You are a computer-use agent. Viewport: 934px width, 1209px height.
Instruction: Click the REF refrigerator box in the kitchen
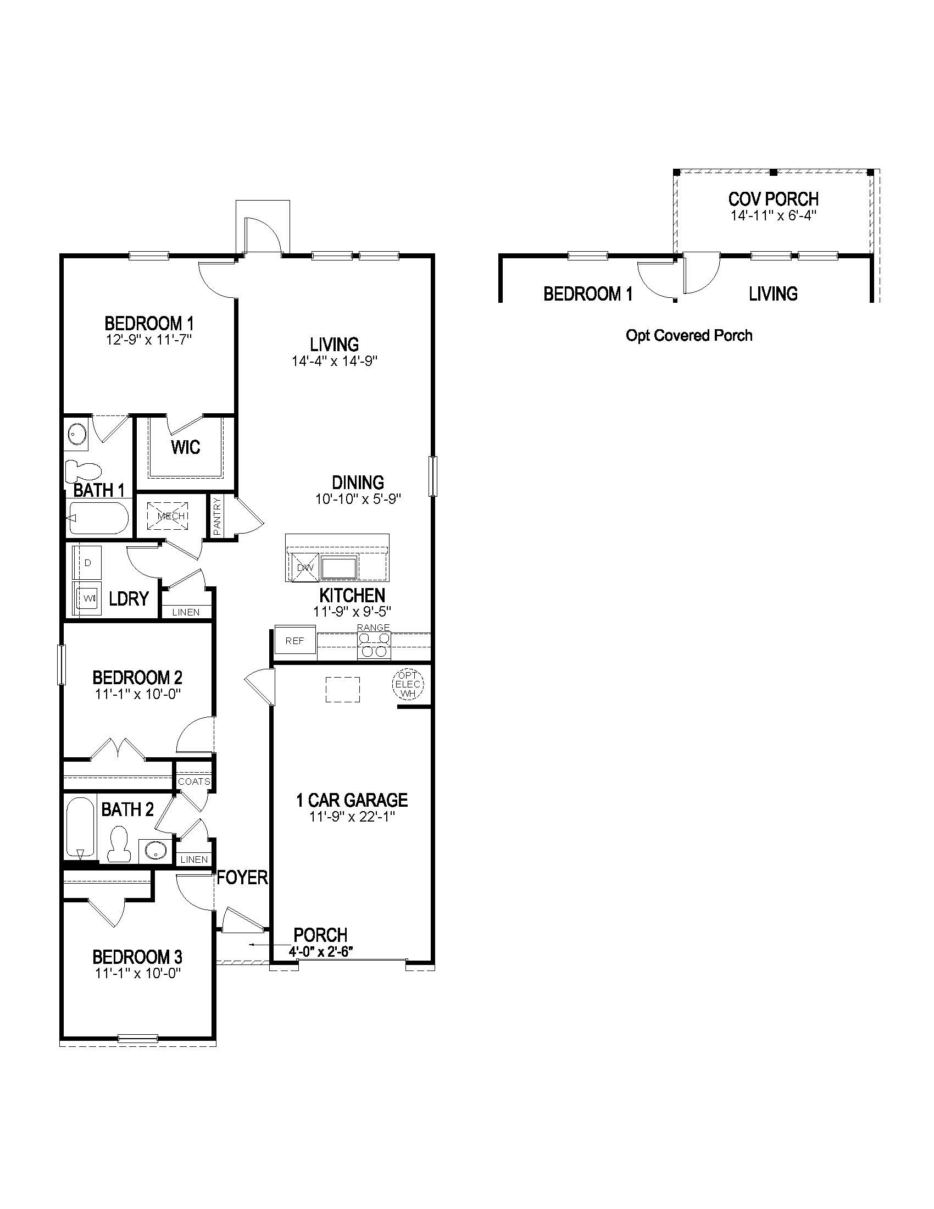point(295,641)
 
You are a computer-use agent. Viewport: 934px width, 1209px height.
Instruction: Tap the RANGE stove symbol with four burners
point(374,645)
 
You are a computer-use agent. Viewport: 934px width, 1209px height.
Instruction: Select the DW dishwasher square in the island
point(305,568)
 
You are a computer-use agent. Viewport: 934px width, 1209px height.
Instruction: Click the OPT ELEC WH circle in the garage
point(408,685)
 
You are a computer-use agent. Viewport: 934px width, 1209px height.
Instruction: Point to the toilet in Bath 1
point(84,470)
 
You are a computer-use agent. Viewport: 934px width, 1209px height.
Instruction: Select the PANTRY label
point(217,516)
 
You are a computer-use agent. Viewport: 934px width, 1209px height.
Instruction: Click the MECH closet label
point(170,516)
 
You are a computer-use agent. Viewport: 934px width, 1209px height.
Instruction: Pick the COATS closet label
point(194,781)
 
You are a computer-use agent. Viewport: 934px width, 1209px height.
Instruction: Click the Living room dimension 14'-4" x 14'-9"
point(334,362)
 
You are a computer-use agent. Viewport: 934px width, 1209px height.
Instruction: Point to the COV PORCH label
point(773,199)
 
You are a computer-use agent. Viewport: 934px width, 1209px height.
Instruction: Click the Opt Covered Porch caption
point(689,335)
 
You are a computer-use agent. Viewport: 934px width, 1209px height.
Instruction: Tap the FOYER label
point(242,877)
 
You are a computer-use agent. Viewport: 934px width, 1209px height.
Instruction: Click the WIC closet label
point(185,447)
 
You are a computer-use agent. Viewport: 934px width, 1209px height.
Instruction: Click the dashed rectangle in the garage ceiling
point(342,690)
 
